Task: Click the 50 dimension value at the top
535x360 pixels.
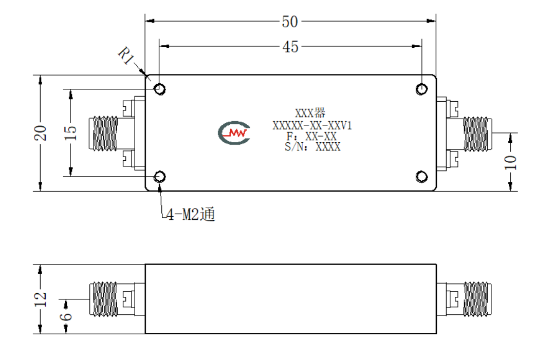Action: pos(290,22)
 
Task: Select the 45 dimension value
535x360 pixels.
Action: pos(290,47)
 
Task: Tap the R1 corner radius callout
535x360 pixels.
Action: pos(125,55)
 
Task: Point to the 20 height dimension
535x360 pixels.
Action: pos(40,133)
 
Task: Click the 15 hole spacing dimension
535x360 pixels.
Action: pos(70,133)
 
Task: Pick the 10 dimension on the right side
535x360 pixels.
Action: pos(510,162)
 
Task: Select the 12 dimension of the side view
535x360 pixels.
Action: pos(40,299)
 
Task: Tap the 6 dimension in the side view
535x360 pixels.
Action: pos(66,317)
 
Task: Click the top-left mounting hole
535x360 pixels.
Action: pos(160,89)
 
